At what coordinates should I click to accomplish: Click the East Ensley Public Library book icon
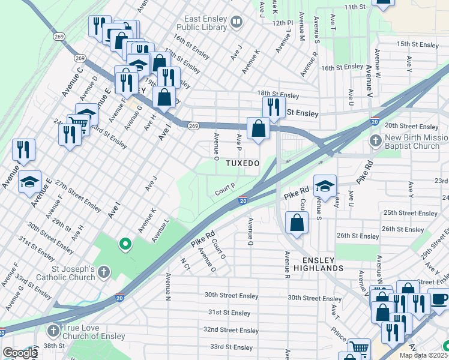tap(237, 23)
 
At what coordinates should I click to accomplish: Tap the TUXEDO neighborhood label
tap(243, 163)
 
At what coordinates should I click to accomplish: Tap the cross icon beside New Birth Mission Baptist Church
tap(375, 142)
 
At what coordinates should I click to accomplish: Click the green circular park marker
tap(125, 244)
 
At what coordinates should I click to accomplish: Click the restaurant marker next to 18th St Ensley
tap(273, 107)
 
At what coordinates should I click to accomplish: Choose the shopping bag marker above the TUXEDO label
tap(258, 128)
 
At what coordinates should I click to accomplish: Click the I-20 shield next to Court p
tap(243, 200)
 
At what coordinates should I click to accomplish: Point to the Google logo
tap(19, 353)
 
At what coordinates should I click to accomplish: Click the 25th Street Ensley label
tap(411, 213)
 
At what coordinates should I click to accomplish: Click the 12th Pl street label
tap(282, 22)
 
